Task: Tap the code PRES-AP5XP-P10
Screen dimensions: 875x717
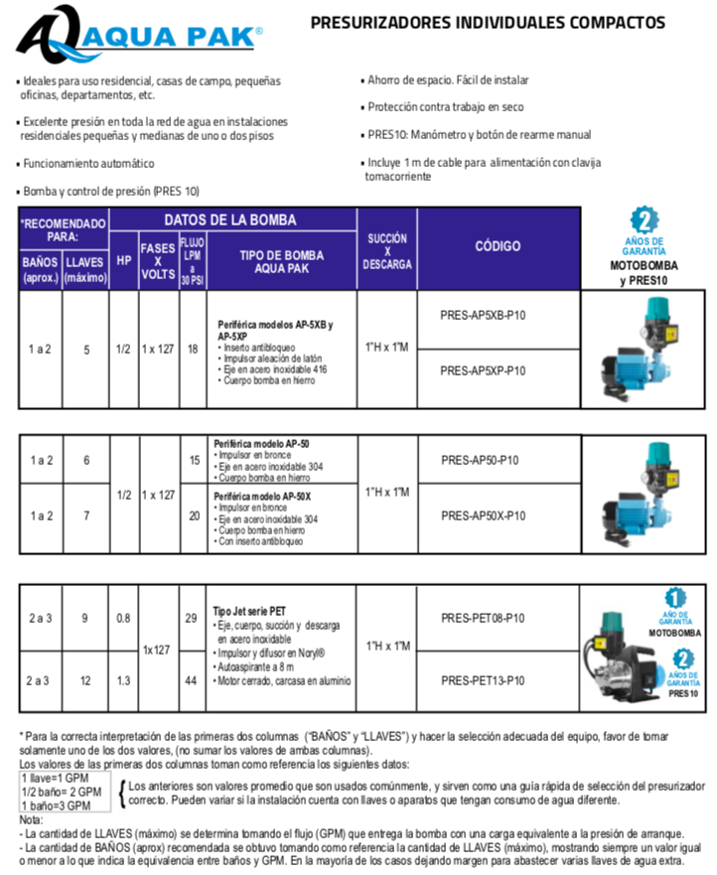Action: pos(483,370)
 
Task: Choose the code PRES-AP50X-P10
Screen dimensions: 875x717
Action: pos(483,515)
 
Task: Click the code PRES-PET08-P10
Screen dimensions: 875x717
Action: pos(483,617)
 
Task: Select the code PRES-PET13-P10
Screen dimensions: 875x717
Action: pos(483,680)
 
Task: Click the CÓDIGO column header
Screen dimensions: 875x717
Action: pos(498,246)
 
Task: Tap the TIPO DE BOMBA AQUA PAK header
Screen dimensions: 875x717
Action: pos(281,261)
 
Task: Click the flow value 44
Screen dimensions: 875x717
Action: pos(192,680)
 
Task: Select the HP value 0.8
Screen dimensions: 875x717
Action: pos(123,618)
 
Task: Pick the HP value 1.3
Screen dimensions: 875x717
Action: pos(123,680)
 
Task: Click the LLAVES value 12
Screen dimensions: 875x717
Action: pos(85,680)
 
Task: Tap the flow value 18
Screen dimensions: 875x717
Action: pos(192,349)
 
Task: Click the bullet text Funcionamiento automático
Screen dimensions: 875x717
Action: pos(89,163)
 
